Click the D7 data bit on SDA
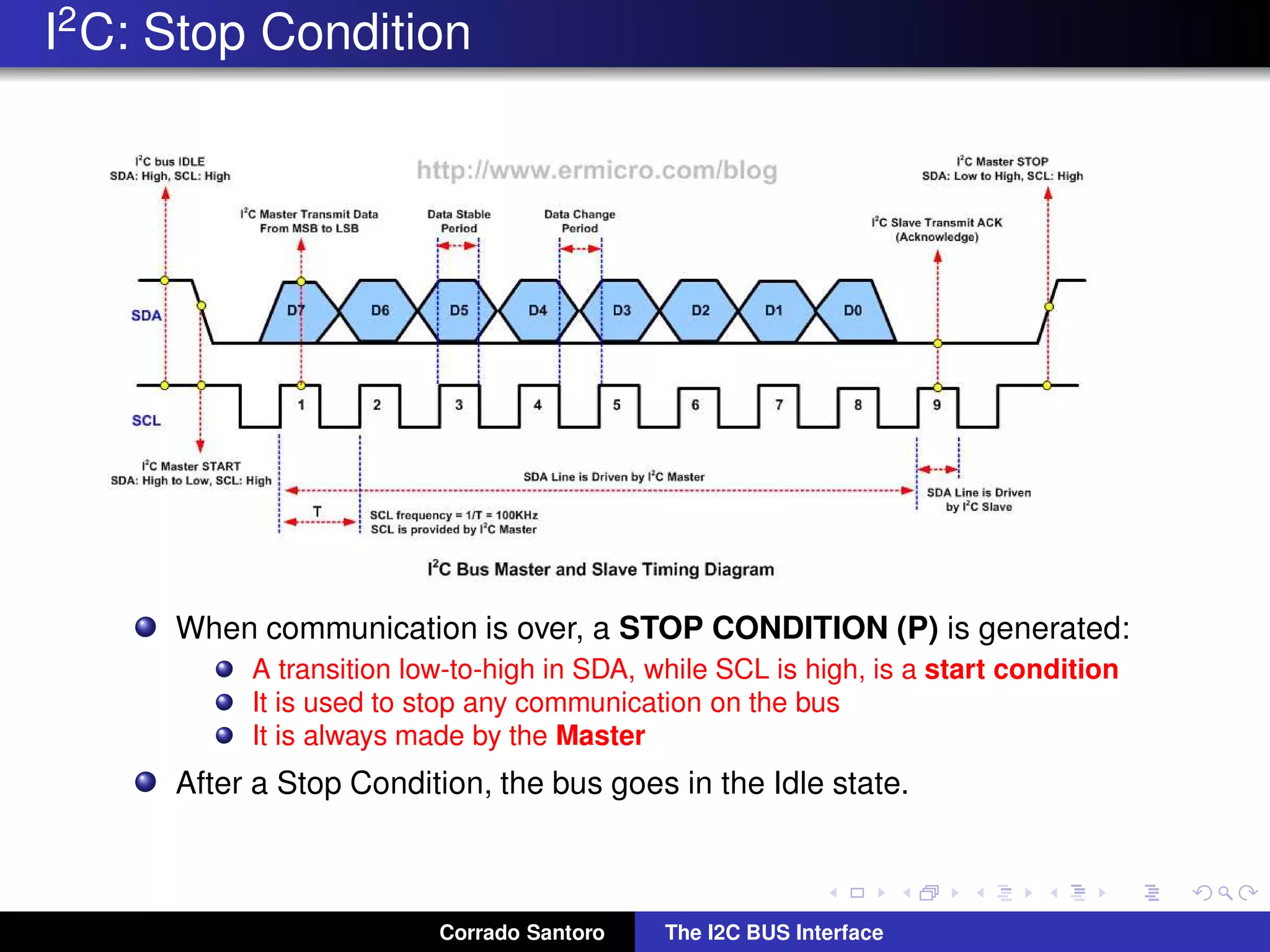[296, 311]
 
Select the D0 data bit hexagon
[853, 311]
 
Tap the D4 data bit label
[537, 311]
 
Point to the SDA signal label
[146, 315]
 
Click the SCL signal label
[146, 421]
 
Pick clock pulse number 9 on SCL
[937, 405]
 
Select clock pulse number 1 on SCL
[301, 405]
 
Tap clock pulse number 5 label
[616, 405]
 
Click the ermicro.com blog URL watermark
[597, 170]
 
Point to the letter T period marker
[317, 511]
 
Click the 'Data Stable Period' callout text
[459, 221]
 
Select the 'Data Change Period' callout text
[580, 221]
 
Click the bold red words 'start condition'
[1021, 669]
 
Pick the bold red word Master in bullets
[600, 736]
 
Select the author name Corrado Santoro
[522, 932]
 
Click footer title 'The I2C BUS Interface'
[773, 932]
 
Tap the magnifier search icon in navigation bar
[1225, 892]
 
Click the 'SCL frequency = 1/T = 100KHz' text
[454, 515]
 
